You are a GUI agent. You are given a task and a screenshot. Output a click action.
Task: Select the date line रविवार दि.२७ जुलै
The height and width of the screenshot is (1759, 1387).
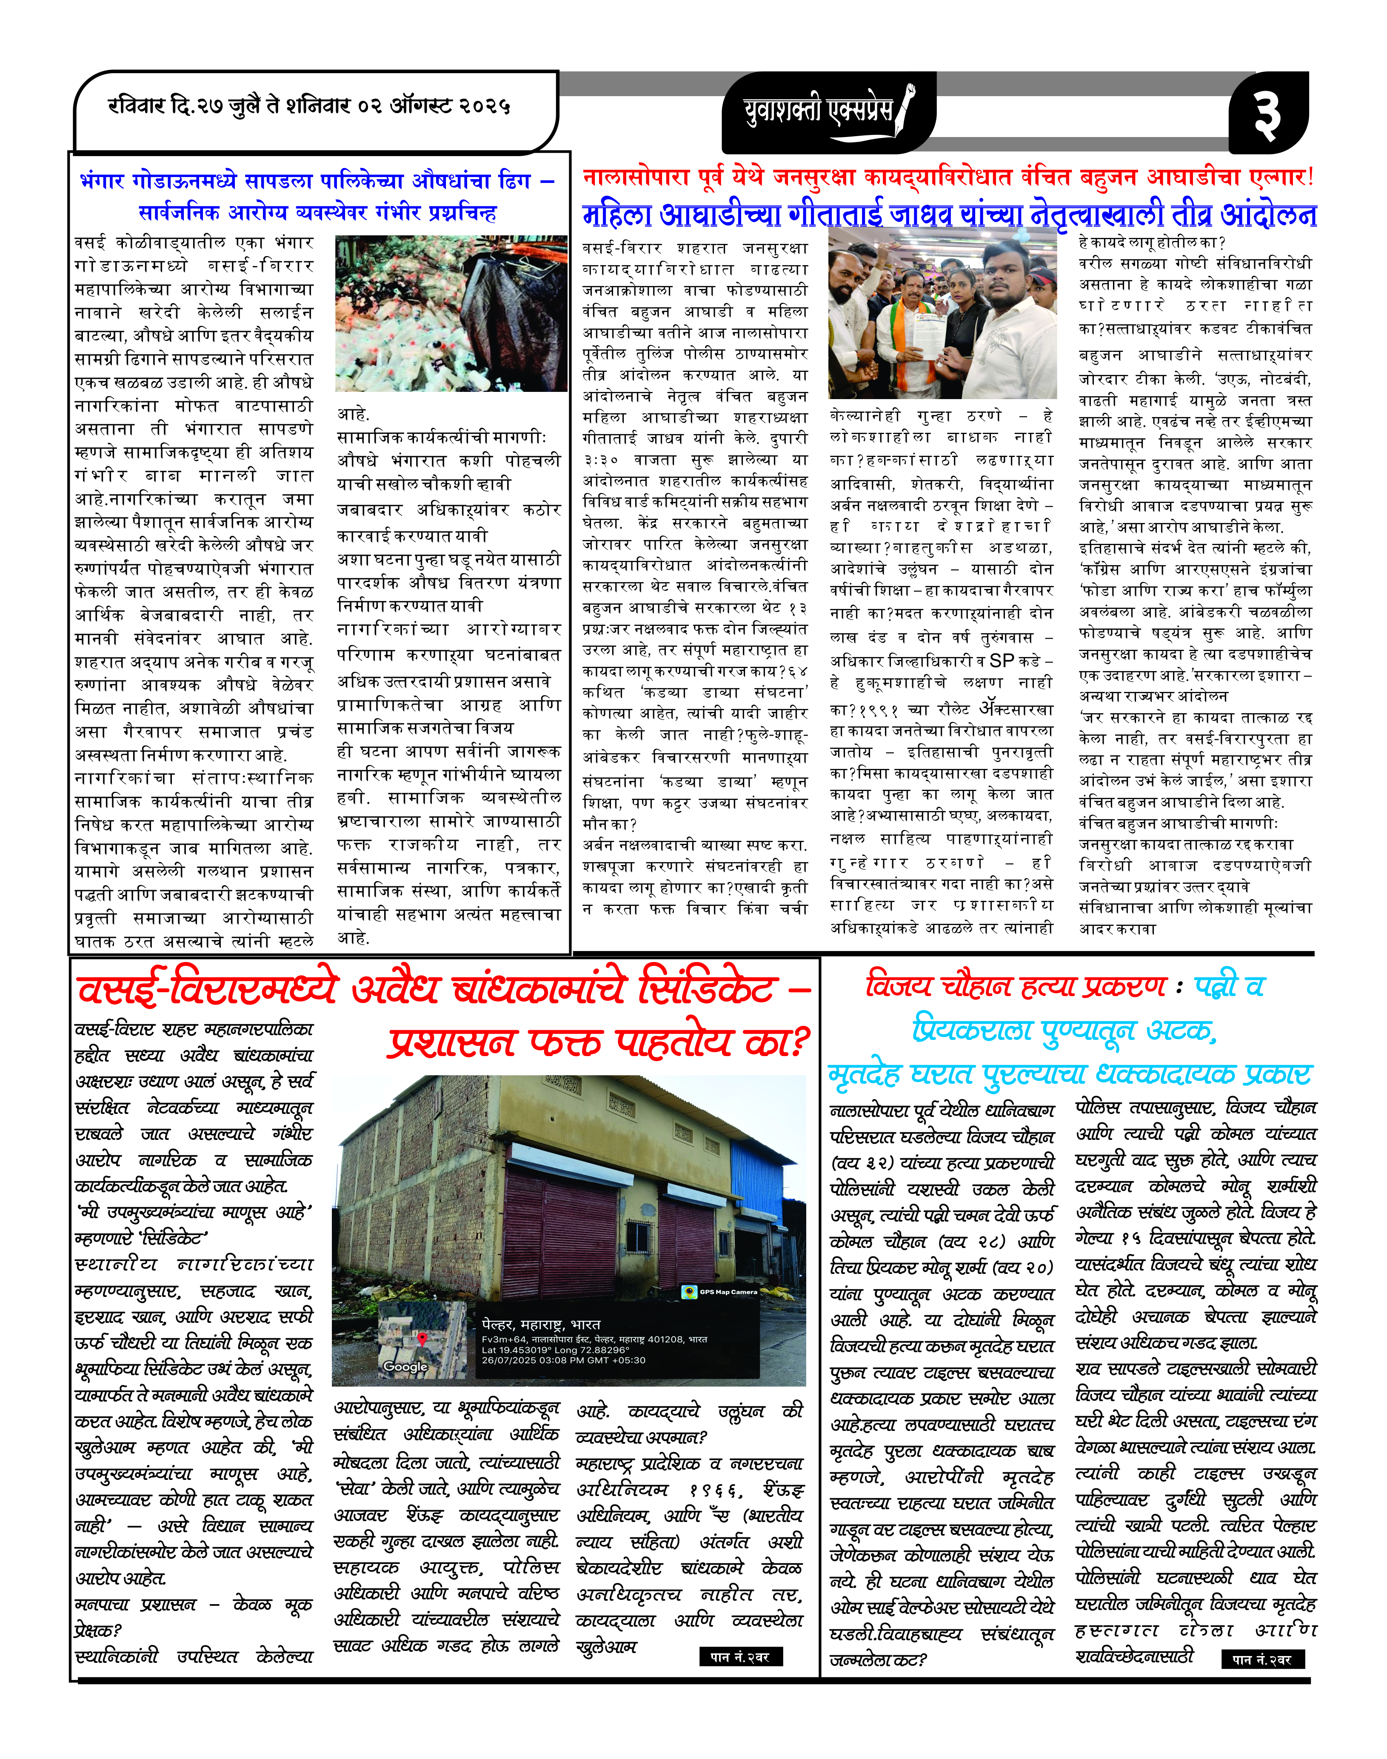(308, 106)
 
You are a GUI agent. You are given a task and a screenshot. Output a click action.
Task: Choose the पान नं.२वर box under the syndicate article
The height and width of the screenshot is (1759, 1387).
(740, 1657)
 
